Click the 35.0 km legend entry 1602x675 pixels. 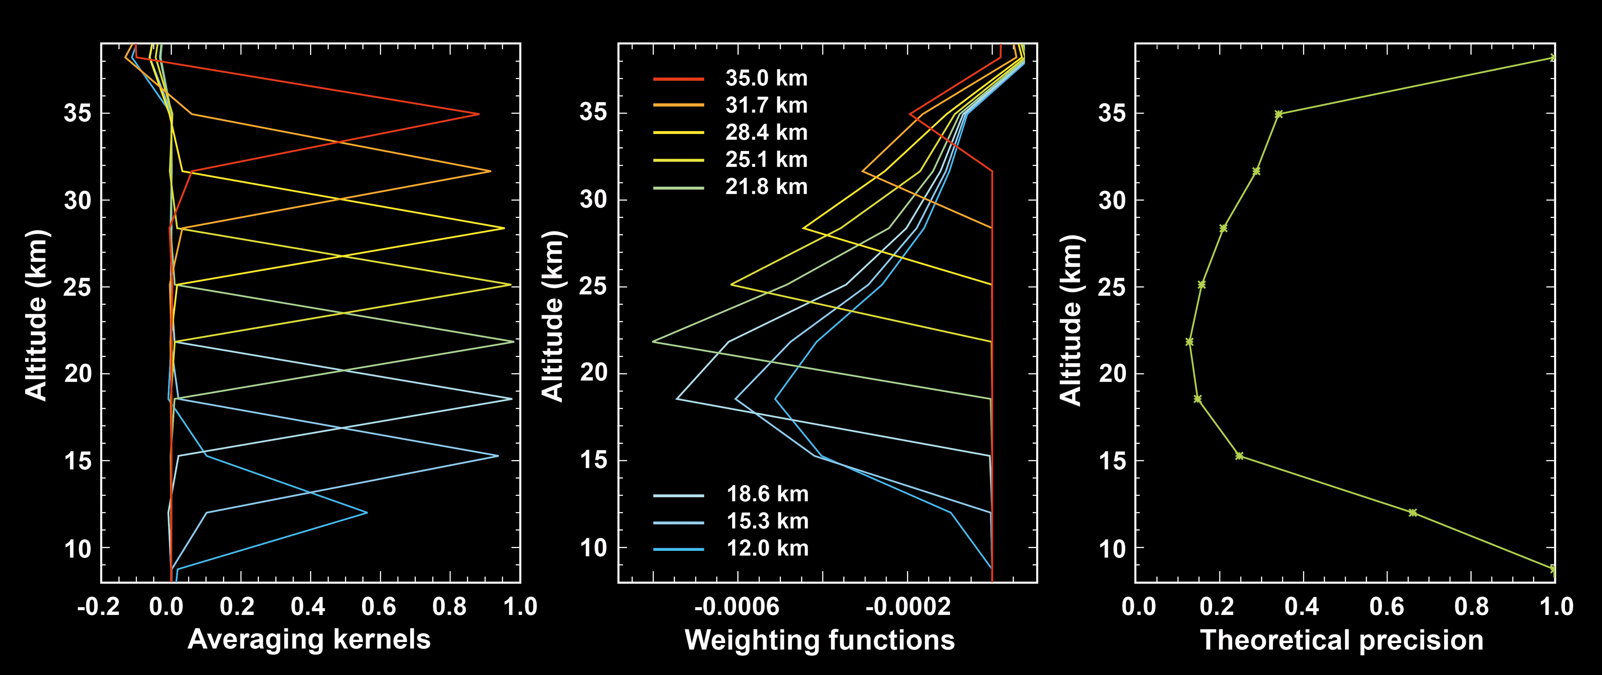click(766, 78)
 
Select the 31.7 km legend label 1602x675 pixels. click(766, 106)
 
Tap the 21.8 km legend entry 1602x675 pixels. click(766, 187)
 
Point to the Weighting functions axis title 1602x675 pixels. click(820, 640)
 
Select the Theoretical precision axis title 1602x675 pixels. click(1342, 640)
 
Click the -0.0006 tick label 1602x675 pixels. click(737, 607)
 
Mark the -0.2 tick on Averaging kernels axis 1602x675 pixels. click(98, 607)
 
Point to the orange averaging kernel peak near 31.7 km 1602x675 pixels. click(490, 171)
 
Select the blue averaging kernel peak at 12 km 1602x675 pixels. click(367, 513)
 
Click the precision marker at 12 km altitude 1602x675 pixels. click(1412, 513)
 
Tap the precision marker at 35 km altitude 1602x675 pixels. click(1279, 114)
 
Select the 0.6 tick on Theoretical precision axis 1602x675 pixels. click(1387, 607)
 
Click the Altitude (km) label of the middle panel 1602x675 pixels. click(552, 317)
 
